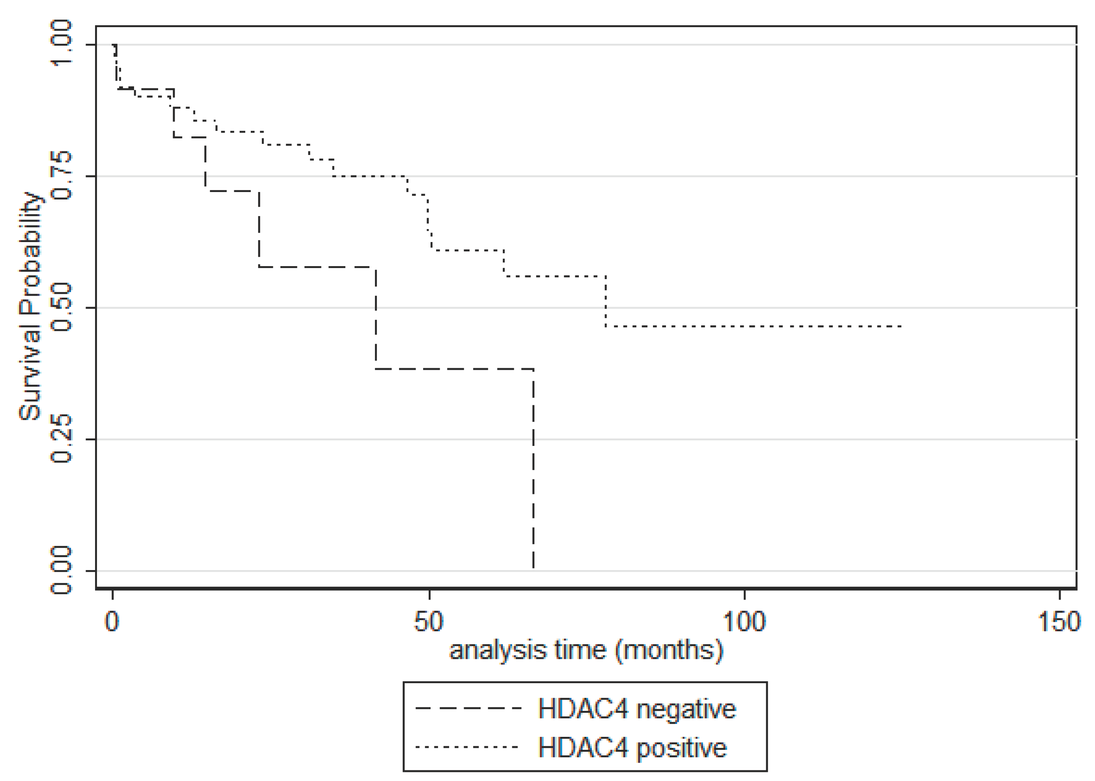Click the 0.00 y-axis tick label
click(61, 570)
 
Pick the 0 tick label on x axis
click(112, 621)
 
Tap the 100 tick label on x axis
click(744, 621)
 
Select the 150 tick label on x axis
click(1060, 621)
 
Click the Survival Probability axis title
click(30, 307)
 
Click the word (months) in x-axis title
click(670, 650)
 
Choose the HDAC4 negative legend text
click(636, 709)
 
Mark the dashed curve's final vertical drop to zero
click(534, 471)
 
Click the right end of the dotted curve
click(900, 326)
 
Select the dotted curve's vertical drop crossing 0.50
click(605, 302)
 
